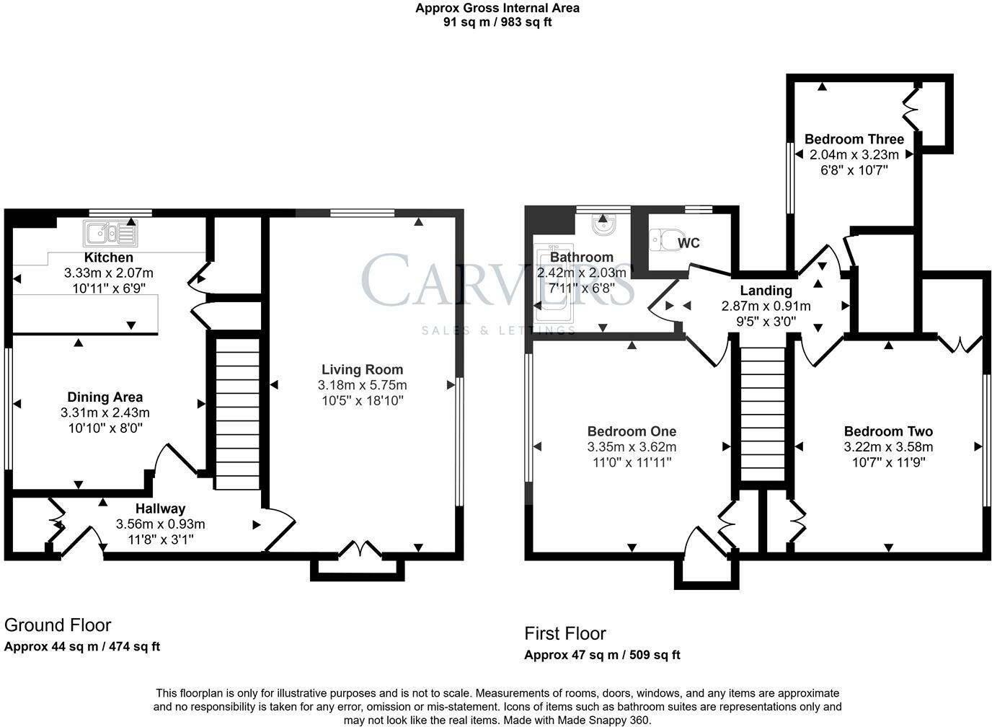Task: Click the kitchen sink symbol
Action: coord(110,233)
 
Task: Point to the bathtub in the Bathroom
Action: coord(554,283)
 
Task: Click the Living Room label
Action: coord(362,369)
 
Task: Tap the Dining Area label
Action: coord(105,397)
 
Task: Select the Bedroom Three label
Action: coord(854,139)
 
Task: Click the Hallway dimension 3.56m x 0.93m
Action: coord(160,524)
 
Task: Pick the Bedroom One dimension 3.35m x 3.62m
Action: coord(632,446)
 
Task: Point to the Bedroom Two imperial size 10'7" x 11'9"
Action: coord(889,462)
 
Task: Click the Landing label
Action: coord(766,291)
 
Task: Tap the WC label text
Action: coord(688,243)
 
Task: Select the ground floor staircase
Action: coord(237,414)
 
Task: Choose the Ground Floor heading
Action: coord(58,625)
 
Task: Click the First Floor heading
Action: coord(565,633)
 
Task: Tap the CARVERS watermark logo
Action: coord(498,280)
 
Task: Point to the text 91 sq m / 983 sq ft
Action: coord(497,22)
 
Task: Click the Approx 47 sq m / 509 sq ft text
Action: coord(602,655)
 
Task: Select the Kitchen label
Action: coord(108,257)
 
